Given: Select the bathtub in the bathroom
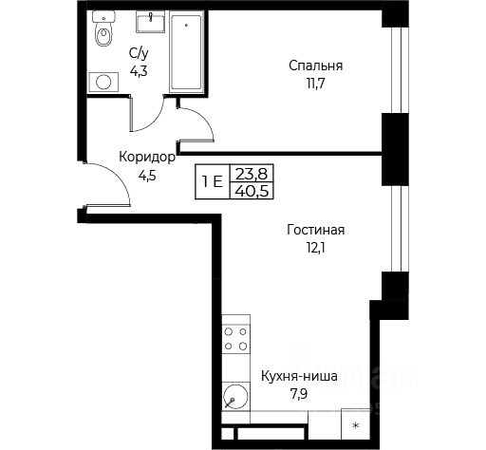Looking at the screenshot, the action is click(x=186, y=52).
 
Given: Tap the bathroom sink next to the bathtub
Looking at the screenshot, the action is click(x=151, y=22).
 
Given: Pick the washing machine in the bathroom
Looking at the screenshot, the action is click(x=103, y=82).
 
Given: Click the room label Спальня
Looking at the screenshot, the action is click(x=315, y=66).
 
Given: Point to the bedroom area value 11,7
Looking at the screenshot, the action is click(x=315, y=84).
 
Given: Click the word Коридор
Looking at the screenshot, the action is click(x=147, y=157).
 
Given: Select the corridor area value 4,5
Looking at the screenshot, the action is click(x=147, y=175).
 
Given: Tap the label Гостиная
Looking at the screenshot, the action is click(x=315, y=230).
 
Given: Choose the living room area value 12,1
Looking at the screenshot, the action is click(x=315, y=248).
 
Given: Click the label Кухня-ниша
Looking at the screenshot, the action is click(x=299, y=377).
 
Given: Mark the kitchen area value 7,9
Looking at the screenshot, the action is click(x=299, y=395).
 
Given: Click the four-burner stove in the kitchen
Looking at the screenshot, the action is click(x=235, y=339).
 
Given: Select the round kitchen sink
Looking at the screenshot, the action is click(x=235, y=396).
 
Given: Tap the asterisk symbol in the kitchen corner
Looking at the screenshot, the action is click(x=356, y=425).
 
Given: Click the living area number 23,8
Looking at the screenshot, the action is click(x=252, y=174).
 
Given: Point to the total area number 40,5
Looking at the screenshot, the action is click(x=252, y=191).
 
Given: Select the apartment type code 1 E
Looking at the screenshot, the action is click(x=213, y=182).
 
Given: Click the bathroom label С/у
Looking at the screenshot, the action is click(x=139, y=54).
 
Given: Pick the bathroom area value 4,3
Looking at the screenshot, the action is click(x=139, y=71).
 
